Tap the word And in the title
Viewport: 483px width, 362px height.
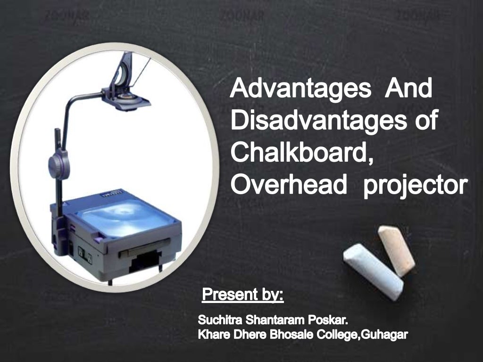point(408,90)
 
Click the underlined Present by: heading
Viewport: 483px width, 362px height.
point(242,296)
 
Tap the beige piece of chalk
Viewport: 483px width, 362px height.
point(396,250)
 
